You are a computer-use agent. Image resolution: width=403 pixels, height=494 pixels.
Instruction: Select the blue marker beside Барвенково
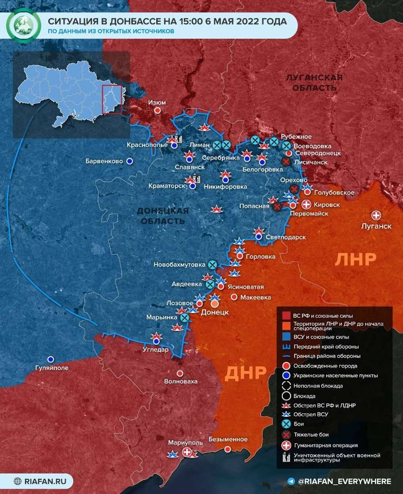[x=130, y=161]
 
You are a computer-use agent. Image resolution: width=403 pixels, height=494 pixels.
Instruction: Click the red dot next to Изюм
[x=158, y=110]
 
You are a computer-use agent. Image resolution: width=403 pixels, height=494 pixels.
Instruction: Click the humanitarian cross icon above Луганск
[x=377, y=215]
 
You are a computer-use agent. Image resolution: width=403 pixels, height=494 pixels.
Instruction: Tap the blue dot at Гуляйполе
[x=50, y=359]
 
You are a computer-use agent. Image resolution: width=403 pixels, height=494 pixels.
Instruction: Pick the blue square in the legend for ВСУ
[x=285, y=337]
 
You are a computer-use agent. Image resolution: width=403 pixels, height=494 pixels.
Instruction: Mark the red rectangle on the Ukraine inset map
[x=112, y=100]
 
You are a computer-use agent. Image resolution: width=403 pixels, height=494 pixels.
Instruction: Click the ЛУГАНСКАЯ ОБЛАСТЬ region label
[x=313, y=82]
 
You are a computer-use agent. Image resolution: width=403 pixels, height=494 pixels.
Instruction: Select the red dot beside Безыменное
[x=227, y=449]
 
